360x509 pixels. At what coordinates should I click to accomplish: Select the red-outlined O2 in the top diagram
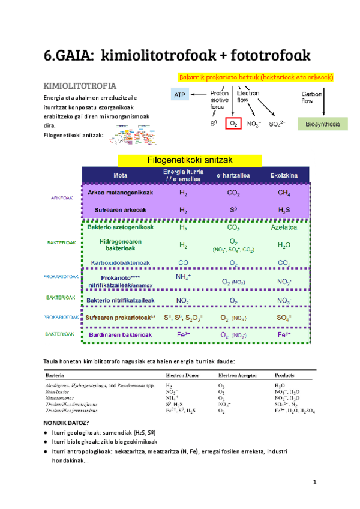233,124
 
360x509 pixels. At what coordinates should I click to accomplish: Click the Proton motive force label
218,100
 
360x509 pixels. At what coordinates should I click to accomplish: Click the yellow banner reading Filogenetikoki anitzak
190,160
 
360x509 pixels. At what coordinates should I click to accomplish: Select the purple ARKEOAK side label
60,200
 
